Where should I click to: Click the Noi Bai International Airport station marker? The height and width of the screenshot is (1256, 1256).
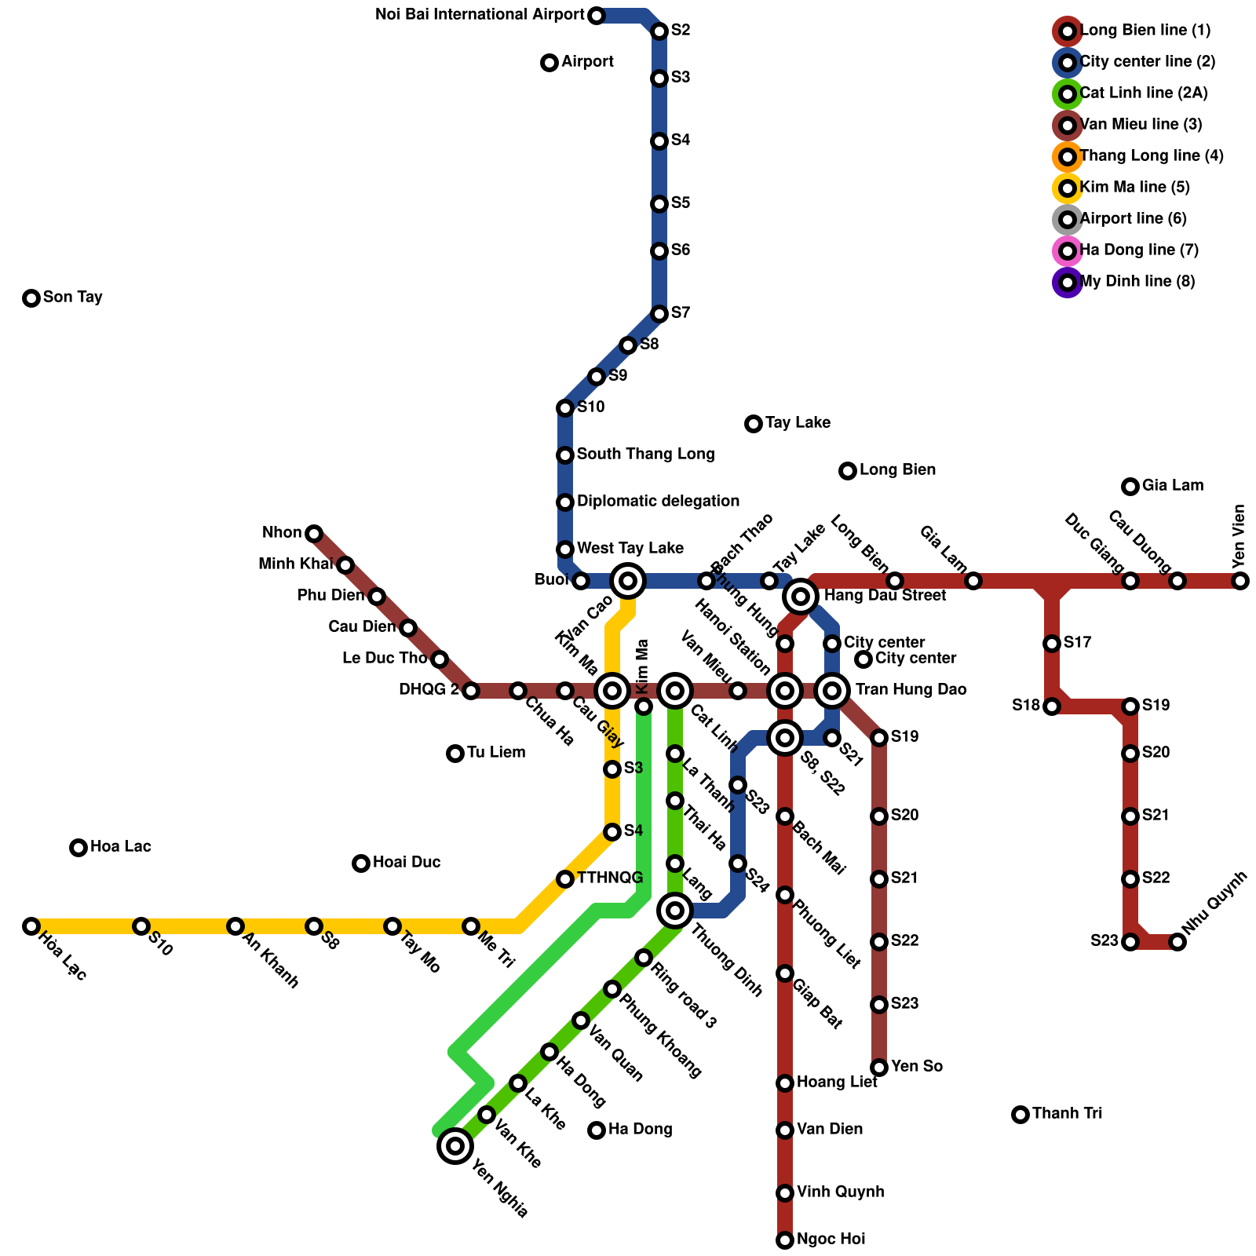(597, 16)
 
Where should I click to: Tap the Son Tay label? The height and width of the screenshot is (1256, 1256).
(73, 298)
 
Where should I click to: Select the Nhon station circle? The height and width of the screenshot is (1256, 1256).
(314, 534)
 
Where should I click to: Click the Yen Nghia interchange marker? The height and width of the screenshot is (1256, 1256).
(455, 1146)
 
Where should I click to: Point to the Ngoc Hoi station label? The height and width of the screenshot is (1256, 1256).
(831, 1240)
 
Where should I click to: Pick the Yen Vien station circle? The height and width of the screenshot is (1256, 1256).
(1240, 581)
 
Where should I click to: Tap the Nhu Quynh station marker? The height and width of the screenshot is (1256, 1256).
(1177, 942)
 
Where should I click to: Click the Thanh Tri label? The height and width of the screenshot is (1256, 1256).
(1067, 1114)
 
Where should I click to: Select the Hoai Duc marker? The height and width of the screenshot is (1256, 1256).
(361, 863)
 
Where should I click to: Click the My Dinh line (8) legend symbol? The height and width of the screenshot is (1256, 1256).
(1068, 282)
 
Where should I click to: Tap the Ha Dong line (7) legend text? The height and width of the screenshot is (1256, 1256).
(1139, 250)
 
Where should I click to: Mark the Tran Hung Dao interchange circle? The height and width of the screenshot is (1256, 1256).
(832, 691)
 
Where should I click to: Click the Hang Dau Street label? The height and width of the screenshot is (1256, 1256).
(885, 596)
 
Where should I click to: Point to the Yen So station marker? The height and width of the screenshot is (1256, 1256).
(879, 1068)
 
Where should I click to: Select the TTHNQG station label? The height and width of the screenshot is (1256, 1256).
(610, 878)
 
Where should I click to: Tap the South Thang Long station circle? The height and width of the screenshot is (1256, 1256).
(565, 455)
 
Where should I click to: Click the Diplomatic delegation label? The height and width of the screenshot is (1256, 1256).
(658, 502)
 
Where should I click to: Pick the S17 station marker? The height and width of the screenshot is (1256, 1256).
(1052, 644)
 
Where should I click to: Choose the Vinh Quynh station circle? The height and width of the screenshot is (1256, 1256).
(785, 1193)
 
